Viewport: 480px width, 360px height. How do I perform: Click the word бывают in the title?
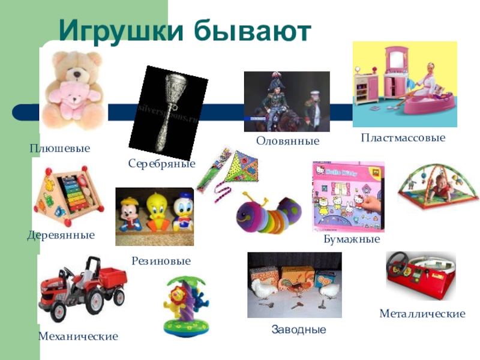pyautogui.click(x=253, y=30)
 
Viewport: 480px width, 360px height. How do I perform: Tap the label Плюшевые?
pyautogui.click(x=60, y=148)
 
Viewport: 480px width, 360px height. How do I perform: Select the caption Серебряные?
pyautogui.click(x=161, y=163)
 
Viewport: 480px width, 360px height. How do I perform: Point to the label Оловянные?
pyautogui.click(x=288, y=141)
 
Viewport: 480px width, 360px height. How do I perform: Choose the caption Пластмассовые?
pyautogui.click(x=403, y=137)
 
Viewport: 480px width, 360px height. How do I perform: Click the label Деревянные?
pyautogui.click(x=61, y=235)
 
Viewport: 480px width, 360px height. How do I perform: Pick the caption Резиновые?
pyautogui.click(x=161, y=261)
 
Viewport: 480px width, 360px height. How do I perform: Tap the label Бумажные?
pyautogui.click(x=352, y=239)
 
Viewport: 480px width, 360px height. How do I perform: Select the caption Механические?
pyautogui.click(x=78, y=336)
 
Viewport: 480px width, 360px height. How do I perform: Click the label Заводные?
pyautogui.click(x=299, y=329)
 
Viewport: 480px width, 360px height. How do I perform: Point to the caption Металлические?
pyautogui.click(x=422, y=313)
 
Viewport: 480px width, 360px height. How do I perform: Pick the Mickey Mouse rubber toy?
pyautogui.click(x=130, y=214)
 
